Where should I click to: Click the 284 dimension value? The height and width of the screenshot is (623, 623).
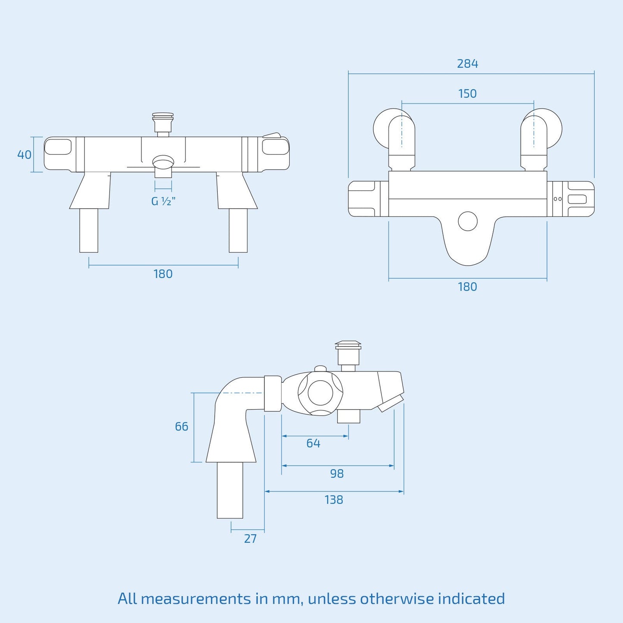pos(467,64)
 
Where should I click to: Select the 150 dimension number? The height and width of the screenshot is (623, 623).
pos(467,94)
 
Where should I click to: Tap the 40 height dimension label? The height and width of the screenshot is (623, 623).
pos(24,154)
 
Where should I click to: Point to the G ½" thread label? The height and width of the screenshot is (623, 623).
pos(163,201)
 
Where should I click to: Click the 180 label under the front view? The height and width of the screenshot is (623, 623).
pos(163,274)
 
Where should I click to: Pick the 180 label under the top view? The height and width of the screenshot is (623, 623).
pos(467,287)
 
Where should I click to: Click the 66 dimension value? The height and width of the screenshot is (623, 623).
pos(182,427)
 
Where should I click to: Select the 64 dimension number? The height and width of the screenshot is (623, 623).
pos(313,444)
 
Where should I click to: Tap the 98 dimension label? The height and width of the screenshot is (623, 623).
pos(337,474)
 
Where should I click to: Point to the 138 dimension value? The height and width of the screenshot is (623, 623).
pos(334,500)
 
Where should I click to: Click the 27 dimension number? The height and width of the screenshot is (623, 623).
pos(250,539)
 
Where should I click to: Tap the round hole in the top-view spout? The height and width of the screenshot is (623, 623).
pos(468,222)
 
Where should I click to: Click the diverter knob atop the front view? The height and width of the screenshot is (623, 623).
pos(163,122)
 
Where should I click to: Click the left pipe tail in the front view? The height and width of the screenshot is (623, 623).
pos(89,230)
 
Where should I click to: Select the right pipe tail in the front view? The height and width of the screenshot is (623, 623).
pos(238,230)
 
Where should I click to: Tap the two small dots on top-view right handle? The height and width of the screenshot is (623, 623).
pos(557,199)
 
